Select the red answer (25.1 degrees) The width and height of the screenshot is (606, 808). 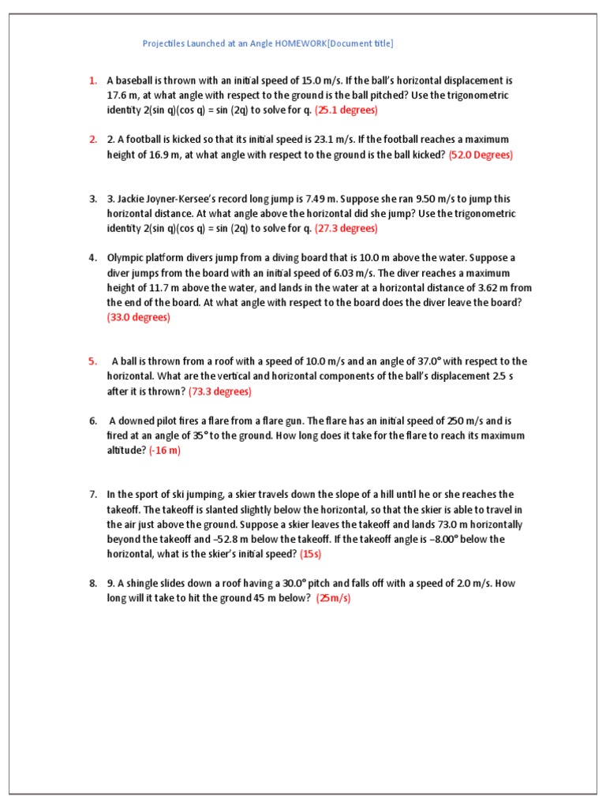(346, 110)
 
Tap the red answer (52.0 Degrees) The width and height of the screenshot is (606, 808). (481, 155)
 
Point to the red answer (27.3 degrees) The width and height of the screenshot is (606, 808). (346, 228)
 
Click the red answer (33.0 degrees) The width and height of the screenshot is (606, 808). (138, 317)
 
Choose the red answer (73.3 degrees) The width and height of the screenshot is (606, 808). (219, 391)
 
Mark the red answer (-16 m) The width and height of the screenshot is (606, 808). (165, 451)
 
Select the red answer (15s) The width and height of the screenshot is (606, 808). (311, 554)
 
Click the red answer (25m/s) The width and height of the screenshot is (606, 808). (333, 598)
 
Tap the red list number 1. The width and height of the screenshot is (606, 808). (92, 80)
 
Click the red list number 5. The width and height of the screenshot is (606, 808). (92, 361)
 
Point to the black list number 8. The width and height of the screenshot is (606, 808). (92, 584)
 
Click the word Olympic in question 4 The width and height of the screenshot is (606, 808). (125, 258)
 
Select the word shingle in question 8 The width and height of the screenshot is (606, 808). (147, 584)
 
